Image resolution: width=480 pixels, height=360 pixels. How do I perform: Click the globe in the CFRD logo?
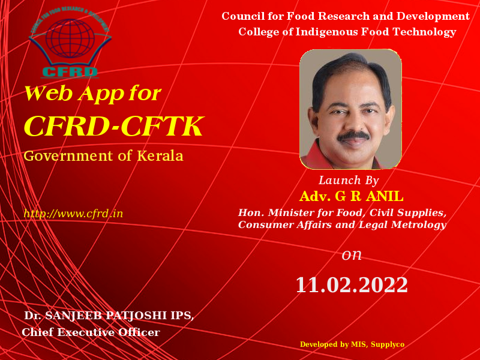pos(70,38)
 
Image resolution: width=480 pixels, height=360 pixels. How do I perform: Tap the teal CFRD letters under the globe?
pos(70,71)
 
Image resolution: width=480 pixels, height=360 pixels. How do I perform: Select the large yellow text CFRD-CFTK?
pos(113,126)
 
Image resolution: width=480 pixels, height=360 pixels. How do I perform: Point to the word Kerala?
pos(160,155)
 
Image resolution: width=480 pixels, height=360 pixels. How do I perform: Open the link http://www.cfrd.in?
pos(73,214)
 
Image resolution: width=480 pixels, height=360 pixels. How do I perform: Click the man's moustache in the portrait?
pos(353,136)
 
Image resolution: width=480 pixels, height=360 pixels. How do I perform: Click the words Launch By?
pos(349,181)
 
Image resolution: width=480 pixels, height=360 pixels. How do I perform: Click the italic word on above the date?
pos(352,255)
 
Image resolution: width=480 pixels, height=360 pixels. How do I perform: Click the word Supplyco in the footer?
pos(387,344)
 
